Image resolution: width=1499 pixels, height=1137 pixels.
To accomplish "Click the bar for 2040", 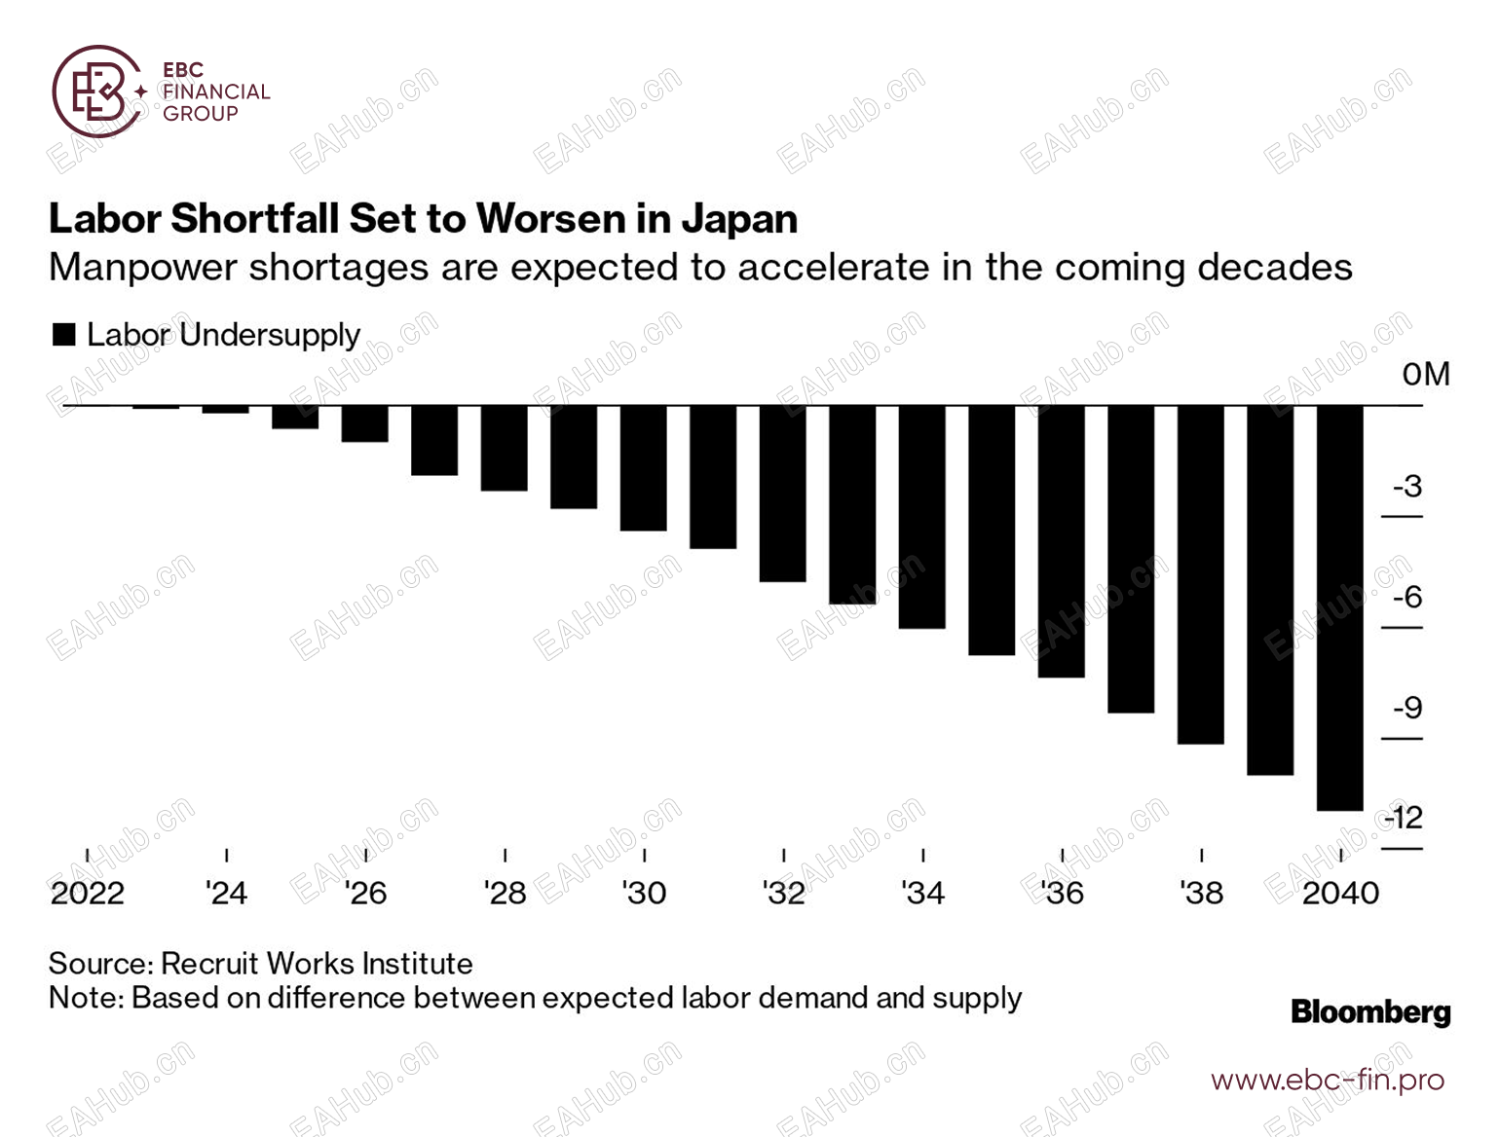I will [x=1339, y=607].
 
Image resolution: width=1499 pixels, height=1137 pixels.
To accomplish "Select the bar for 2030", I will [x=643, y=468].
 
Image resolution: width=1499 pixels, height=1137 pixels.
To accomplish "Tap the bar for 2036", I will [x=1061, y=541].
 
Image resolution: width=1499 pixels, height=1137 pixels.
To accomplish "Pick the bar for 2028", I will [x=504, y=448].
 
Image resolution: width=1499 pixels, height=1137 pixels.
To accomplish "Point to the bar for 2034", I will [x=921, y=517].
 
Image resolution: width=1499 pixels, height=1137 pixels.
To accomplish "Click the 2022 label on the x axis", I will [x=88, y=893].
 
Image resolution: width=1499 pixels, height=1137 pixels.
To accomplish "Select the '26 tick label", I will [x=365, y=893].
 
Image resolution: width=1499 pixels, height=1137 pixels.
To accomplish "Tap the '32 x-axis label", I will [x=783, y=893].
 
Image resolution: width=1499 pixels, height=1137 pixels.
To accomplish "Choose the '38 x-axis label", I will [x=1201, y=893].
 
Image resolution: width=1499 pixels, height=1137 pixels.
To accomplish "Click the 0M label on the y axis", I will [x=1426, y=375].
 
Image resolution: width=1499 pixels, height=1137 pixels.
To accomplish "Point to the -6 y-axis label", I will [x=1407, y=597].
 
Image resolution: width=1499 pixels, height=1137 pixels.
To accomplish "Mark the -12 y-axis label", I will [x=1404, y=818].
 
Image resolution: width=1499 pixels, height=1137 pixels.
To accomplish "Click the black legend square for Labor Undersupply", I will [x=64, y=335].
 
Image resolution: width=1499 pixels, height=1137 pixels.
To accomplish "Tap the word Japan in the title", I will [x=739, y=219].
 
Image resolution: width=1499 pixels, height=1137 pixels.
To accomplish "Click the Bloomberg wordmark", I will [x=1370, y=1012].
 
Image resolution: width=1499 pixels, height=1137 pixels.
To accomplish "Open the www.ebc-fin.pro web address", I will [x=1328, y=1080].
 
